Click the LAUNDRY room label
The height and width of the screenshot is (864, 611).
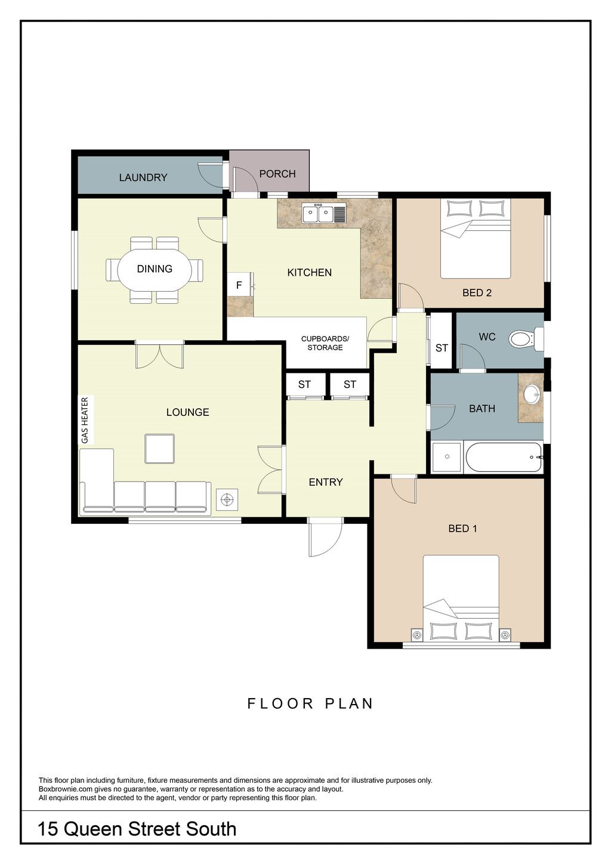point(143,177)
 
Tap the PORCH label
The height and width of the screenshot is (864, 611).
point(277,174)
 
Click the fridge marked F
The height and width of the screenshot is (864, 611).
point(239,285)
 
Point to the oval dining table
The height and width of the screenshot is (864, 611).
point(155,269)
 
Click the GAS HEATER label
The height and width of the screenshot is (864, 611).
point(85,420)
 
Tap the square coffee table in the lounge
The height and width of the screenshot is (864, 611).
point(159,449)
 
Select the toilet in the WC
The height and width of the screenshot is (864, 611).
point(526,340)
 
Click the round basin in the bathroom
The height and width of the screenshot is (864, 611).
point(533,395)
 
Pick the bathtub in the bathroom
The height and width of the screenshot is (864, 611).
point(504,457)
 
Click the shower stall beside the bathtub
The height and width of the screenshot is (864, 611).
point(447,457)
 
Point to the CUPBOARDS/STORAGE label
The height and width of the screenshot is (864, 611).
point(325,343)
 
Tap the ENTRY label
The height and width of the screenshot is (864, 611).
point(326,482)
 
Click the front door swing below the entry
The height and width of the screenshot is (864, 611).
point(325,538)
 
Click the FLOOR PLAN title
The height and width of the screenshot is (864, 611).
point(310,703)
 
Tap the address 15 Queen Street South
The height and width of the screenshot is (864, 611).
point(137,829)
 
